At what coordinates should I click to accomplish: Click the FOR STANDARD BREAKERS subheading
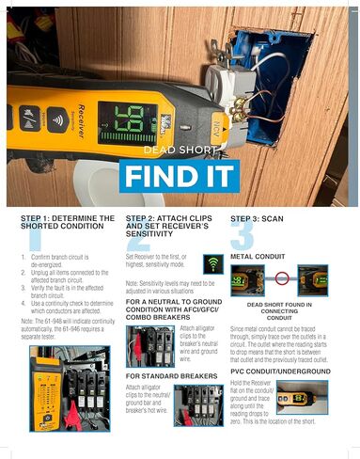click(169, 375)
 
